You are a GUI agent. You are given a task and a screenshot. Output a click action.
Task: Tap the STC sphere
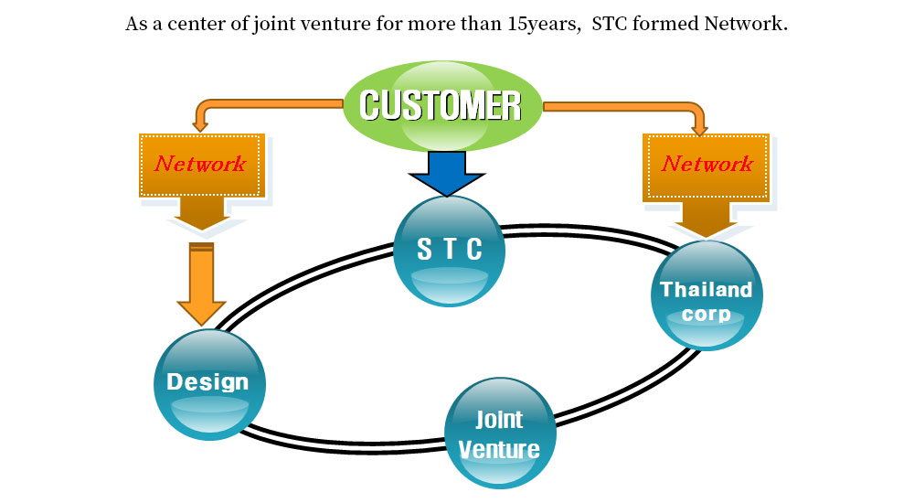pyautogui.click(x=449, y=251)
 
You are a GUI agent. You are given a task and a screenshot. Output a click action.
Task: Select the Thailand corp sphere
pyautogui.click(x=706, y=296)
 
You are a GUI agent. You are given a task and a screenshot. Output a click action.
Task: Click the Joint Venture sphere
pyautogui.click(x=499, y=433)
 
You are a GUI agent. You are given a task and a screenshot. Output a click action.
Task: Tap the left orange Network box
pyautogui.click(x=200, y=165)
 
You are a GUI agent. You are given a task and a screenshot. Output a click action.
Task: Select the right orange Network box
pyautogui.click(x=707, y=165)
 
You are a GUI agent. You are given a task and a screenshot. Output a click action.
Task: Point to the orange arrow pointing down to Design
pyautogui.click(x=201, y=284)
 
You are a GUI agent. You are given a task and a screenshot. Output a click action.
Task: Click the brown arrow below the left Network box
pyautogui.click(x=200, y=212)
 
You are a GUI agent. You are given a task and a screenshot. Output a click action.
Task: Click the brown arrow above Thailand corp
pyautogui.click(x=707, y=219)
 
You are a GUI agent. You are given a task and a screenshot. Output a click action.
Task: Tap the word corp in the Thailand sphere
pyautogui.click(x=706, y=314)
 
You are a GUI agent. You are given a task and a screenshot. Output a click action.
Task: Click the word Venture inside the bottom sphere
pyautogui.click(x=499, y=449)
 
